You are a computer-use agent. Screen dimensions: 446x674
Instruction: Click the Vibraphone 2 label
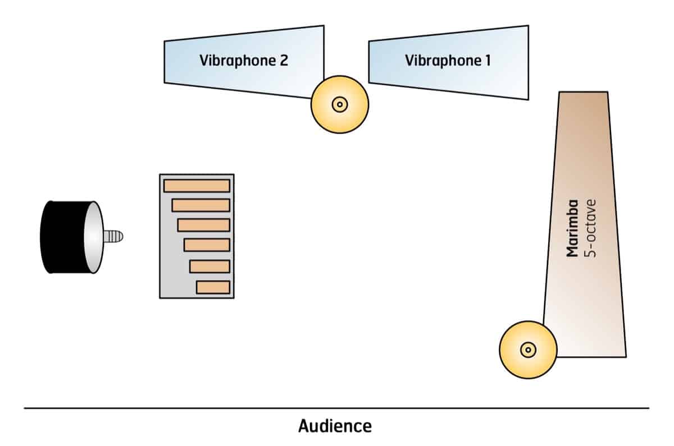243,61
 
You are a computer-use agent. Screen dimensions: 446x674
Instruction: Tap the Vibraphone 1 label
448,61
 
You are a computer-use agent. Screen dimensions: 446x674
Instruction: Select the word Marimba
573,228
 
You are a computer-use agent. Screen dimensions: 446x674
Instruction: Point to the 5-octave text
589,228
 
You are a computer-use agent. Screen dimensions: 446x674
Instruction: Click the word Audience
335,426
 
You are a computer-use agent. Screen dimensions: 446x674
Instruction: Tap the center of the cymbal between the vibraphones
339,104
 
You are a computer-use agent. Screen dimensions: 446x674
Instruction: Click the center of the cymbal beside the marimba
527,350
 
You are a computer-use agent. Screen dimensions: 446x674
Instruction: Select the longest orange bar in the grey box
197,186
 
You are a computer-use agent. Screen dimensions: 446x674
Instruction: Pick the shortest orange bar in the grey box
213,287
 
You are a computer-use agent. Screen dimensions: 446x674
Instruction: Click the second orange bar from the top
201,205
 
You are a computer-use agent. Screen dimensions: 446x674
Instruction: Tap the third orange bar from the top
203,225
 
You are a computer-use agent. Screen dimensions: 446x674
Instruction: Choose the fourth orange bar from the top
207,245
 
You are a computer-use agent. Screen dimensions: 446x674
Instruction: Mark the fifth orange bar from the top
210,266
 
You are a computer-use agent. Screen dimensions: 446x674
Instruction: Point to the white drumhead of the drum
94,237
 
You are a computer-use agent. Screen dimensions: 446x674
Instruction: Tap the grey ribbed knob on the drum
113,237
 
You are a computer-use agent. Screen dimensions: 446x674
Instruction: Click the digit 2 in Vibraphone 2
283,61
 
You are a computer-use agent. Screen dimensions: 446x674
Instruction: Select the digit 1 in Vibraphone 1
487,61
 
